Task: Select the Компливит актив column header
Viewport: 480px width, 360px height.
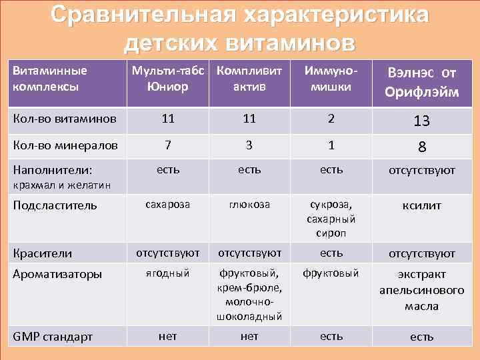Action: [x=249, y=79]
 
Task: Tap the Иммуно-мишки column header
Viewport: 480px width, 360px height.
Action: [x=331, y=79]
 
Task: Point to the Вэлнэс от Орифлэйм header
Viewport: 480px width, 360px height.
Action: [x=421, y=82]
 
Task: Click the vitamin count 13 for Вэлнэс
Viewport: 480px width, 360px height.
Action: [x=421, y=121]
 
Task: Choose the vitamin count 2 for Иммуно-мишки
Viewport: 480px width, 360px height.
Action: [x=331, y=119]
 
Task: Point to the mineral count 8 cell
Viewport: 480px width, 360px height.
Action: [x=421, y=146]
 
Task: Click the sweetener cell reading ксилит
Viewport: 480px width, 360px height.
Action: [x=421, y=207]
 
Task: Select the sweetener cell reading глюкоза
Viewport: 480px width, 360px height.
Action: [x=249, y=205]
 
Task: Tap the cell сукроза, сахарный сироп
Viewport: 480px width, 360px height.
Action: [x=331, y=219]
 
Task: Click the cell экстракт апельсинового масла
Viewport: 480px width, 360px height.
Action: [x=421, y=291]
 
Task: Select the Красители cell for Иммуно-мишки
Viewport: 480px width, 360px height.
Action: [x=331, y=253]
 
